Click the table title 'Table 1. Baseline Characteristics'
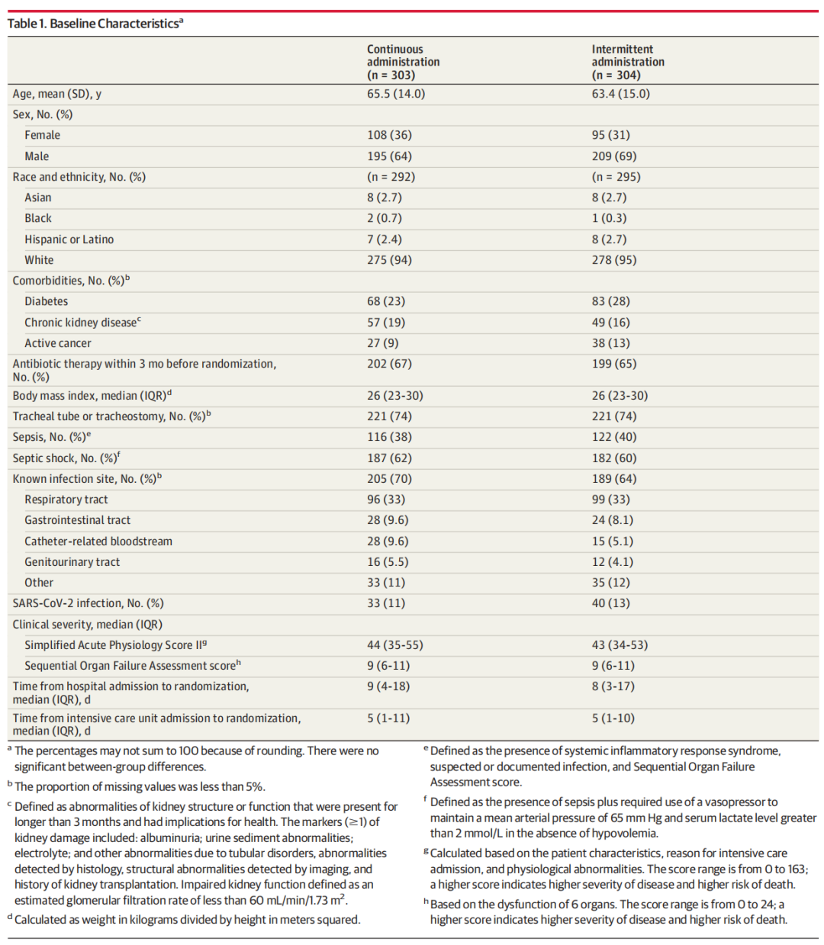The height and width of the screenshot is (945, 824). click(95, 24)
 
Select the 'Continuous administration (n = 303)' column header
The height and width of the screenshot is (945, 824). click(403, 62)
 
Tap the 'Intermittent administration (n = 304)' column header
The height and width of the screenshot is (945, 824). click(627, 62)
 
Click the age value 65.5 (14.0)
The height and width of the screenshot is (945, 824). click(395, 94)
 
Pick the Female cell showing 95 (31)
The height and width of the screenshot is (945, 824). click(610, 135)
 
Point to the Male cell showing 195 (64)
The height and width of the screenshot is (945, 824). click(389, 156)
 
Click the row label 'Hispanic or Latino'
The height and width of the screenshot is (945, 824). click(69, 239)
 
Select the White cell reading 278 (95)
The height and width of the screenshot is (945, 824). click(613, 260)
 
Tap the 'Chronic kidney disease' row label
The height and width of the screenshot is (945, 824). click(81, 323)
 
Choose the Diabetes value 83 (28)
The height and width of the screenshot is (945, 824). click(610, 301)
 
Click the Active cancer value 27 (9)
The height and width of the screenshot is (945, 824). click(382, 343)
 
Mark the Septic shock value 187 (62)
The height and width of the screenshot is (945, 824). click(389, 458)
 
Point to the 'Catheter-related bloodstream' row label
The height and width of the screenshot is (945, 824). click(98, 542)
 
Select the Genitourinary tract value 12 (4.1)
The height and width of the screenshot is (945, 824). click(612, 562)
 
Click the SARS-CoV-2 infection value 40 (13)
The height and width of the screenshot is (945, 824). click(610, 603)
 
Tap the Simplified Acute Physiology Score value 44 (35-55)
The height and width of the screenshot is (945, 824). click(394, 645)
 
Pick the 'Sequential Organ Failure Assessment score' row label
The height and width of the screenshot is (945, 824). click(130, 666)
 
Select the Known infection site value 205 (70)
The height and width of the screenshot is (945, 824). click(389, 479)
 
